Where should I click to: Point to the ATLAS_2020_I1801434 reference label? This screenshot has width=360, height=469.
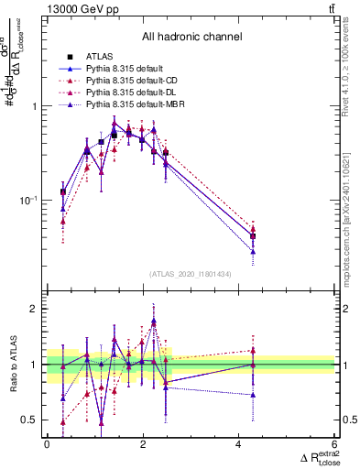click(x=191, y=274)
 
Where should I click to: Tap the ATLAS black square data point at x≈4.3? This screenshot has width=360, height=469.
click(x=253, y=235)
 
